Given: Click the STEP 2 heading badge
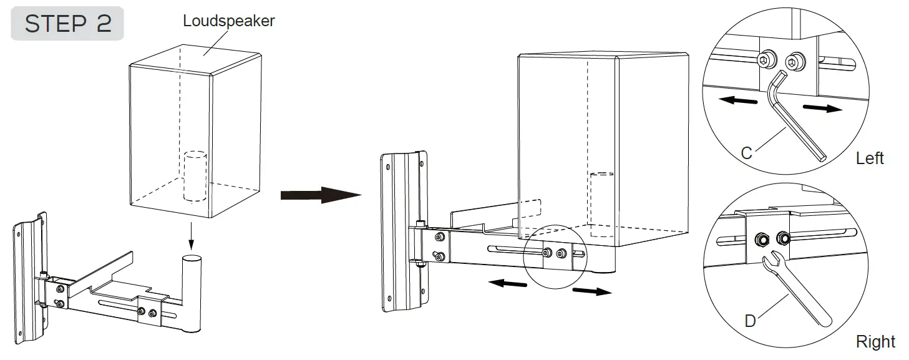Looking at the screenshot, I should click(x=67, y=23).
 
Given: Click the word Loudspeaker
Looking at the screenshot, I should click(x=228, y=21).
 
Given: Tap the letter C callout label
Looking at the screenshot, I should click(x=746, y=152).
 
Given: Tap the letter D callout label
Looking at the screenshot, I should click(x=750, y=321).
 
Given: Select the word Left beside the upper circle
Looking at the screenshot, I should click(x=870, y=158).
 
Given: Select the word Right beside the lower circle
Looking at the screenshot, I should click(x=875, y=341).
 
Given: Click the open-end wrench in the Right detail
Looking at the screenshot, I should click(x=792, y=287).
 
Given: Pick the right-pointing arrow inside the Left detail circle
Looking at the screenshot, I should click(x=820, y=107).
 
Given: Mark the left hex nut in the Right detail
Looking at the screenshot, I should click(x=761, y=238).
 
